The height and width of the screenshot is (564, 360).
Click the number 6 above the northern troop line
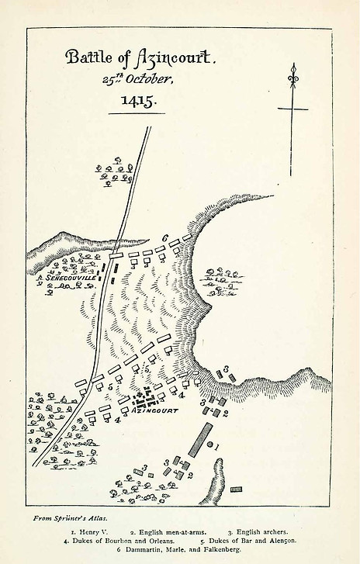(x=165, y=237)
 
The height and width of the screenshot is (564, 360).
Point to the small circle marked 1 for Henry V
(x=211, y=445)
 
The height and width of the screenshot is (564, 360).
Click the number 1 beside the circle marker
(x=220, y=446)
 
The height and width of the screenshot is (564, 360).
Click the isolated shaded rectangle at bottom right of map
(x=236, y=490)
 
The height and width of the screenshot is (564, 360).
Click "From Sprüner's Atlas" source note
(x=71, y=517)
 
